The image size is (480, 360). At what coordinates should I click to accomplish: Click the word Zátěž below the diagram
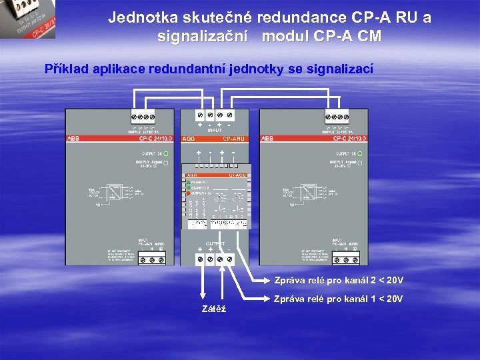click(x=213, y=309)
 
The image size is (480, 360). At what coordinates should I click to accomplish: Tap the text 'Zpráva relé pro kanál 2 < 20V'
click(x=339, y=280)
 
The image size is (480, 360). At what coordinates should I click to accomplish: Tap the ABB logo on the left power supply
click(x=73, y=139)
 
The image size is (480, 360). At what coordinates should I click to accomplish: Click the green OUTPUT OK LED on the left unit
click(x=166, y=154)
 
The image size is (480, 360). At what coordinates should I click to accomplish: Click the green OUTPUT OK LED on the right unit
click(x=361, y=154)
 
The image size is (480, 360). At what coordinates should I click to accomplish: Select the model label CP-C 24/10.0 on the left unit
click(x=155, y=139)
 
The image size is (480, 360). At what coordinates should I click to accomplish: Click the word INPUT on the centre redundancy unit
click(x=215, y=131)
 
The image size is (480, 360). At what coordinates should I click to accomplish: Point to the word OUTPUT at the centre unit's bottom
click(x=215, y=244)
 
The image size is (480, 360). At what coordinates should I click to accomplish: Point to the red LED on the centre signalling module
click(x=187, y=193)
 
